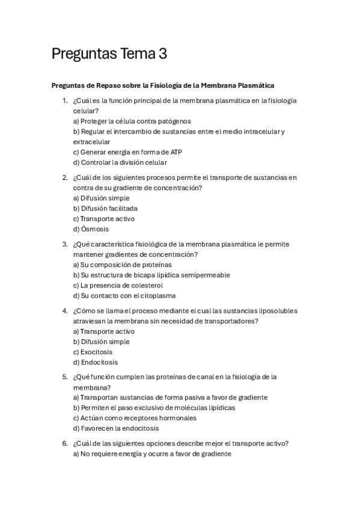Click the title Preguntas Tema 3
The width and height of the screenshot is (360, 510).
click(x=109, y=54)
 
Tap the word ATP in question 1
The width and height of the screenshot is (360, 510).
click(x=175, y=152)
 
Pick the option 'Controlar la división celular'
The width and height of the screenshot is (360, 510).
click(x=120, y=162)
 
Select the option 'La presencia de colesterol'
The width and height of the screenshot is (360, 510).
click(x=118, y=285)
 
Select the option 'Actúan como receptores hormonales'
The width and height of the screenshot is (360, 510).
click(x=135, y=418)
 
